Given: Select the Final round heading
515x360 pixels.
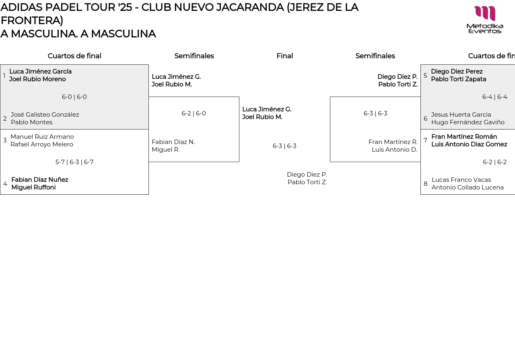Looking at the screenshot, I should point(284,56).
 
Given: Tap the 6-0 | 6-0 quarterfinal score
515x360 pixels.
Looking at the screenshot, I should point(74,97).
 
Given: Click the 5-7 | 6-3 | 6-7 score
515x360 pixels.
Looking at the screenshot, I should point(74,162).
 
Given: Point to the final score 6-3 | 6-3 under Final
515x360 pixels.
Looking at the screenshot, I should point(284,146).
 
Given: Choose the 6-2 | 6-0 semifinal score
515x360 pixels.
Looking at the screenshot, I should point(194,113).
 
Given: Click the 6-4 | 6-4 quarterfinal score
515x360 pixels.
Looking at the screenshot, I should point(494,97).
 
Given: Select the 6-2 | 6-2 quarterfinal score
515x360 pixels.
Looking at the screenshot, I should point(494,162).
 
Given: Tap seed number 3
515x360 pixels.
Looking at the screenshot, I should point(5,140).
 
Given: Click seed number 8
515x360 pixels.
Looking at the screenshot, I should point(425,184).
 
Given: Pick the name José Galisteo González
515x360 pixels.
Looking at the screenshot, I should point(45,115).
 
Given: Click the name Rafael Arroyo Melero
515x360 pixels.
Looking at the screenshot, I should point(42,144).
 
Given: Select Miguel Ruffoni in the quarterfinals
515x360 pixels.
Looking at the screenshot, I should point(33,187).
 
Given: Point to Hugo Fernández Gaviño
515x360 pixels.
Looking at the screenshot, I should point(468,122).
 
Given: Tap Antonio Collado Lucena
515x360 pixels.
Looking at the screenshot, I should point(468,187).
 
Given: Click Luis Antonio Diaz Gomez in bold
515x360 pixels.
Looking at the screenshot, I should point(469,144).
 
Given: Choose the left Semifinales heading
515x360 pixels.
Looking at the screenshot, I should point(194,56).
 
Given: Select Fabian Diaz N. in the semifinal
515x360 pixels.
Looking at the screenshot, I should point(173,142).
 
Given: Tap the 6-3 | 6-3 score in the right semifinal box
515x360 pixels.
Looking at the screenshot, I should point(375,113).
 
